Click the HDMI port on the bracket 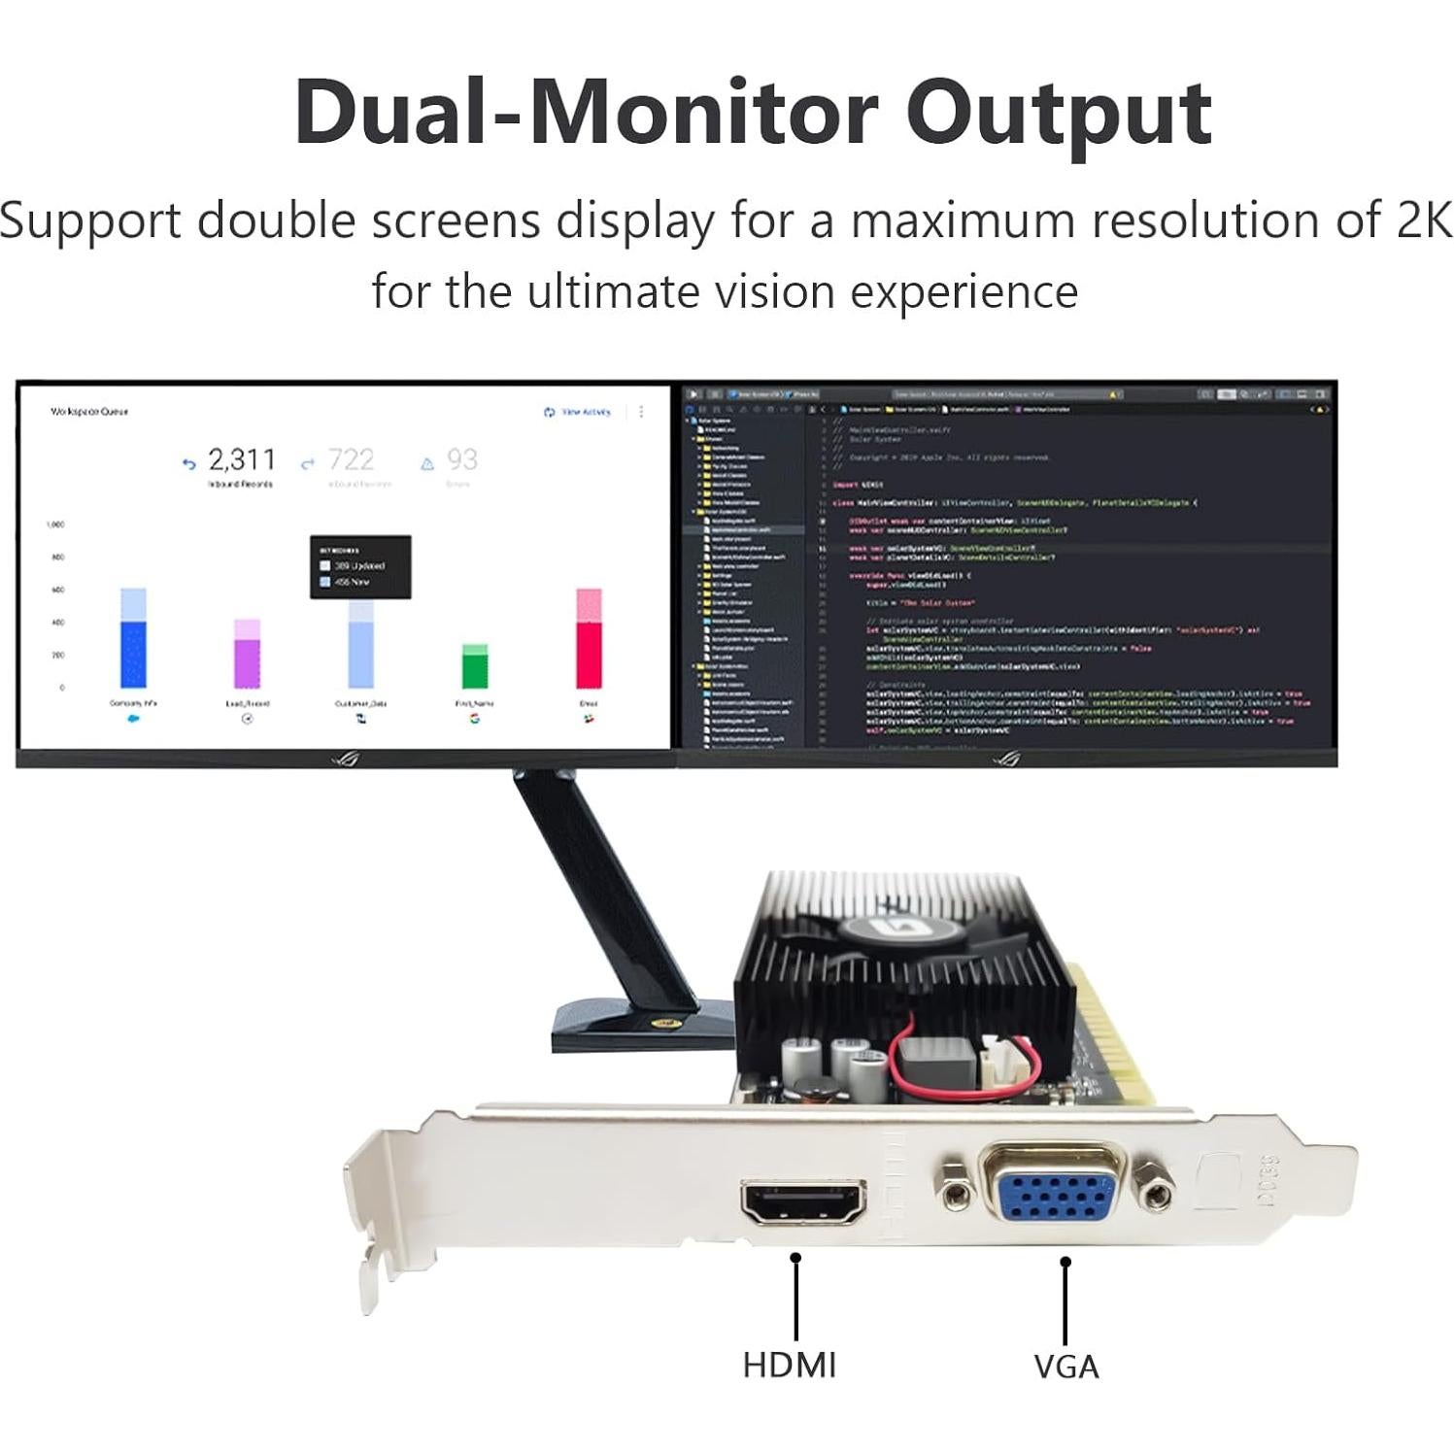pos(803,1203)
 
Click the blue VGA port pos(1055,1194)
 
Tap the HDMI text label pos(789,1365)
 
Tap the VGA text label pos(1065,1367)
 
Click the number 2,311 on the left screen pos(241,459)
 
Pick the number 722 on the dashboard pos(351,459)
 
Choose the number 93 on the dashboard pos(461,459)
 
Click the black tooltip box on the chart pos(360,567)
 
